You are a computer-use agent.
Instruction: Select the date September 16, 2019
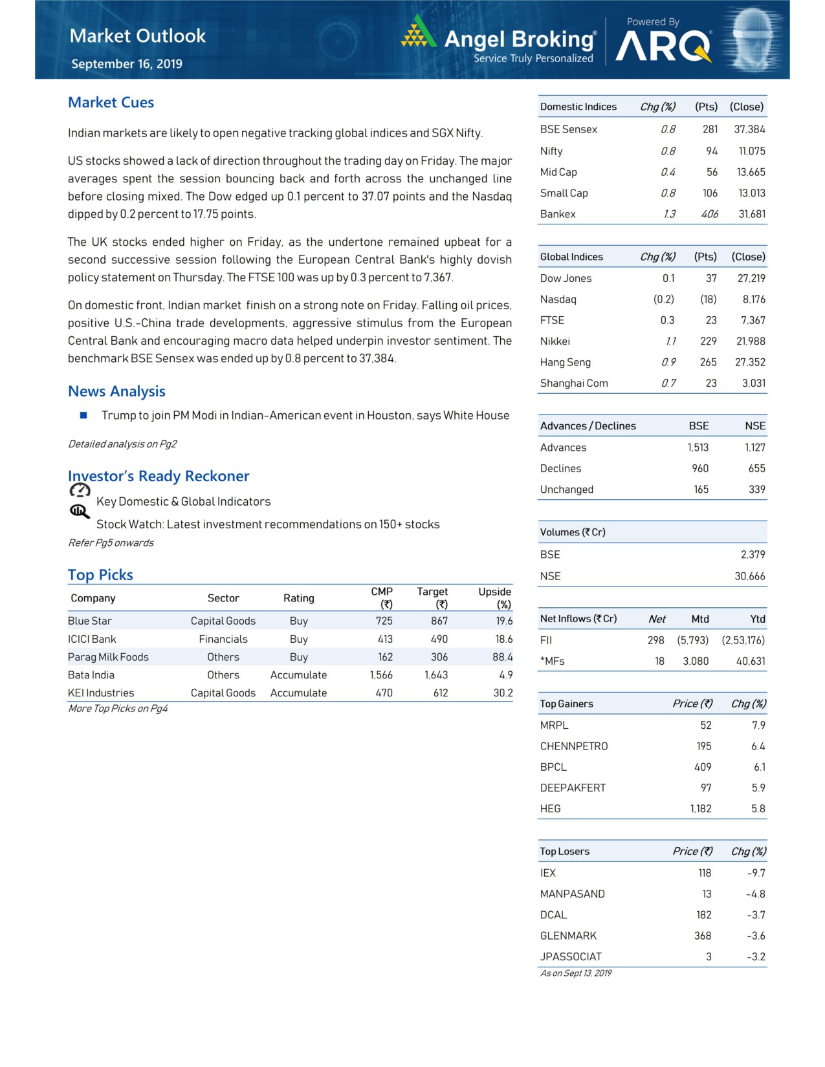[x=127, y=64]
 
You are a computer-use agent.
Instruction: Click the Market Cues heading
[x=111, y=103]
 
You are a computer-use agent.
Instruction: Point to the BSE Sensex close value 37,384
[x=749, y=129]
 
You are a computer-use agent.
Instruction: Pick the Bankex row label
[x=558, y=214]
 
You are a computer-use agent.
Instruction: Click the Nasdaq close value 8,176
[x=754, y=299]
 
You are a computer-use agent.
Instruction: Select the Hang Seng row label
[x=566, y=362]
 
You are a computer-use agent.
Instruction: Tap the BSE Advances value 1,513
[x=698, y=447]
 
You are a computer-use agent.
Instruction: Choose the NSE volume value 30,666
[x=749, y=576]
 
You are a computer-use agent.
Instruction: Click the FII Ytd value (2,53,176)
[x=743, y=640]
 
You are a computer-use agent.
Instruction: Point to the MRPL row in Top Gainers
[x=555, y=726]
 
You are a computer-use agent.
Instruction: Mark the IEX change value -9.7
[x=756, y=873]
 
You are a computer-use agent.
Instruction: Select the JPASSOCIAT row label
[x=571, y=956]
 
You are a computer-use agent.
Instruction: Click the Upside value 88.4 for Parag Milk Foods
[x=502, y=657]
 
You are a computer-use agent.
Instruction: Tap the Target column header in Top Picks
[x=432, y=592]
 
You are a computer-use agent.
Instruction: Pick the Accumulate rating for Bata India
[x=298, y=675]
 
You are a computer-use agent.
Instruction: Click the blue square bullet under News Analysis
[x=83, y=415]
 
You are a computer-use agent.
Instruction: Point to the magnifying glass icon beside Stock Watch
[x=79, y=512]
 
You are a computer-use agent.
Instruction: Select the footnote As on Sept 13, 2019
[x=576, y=973]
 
